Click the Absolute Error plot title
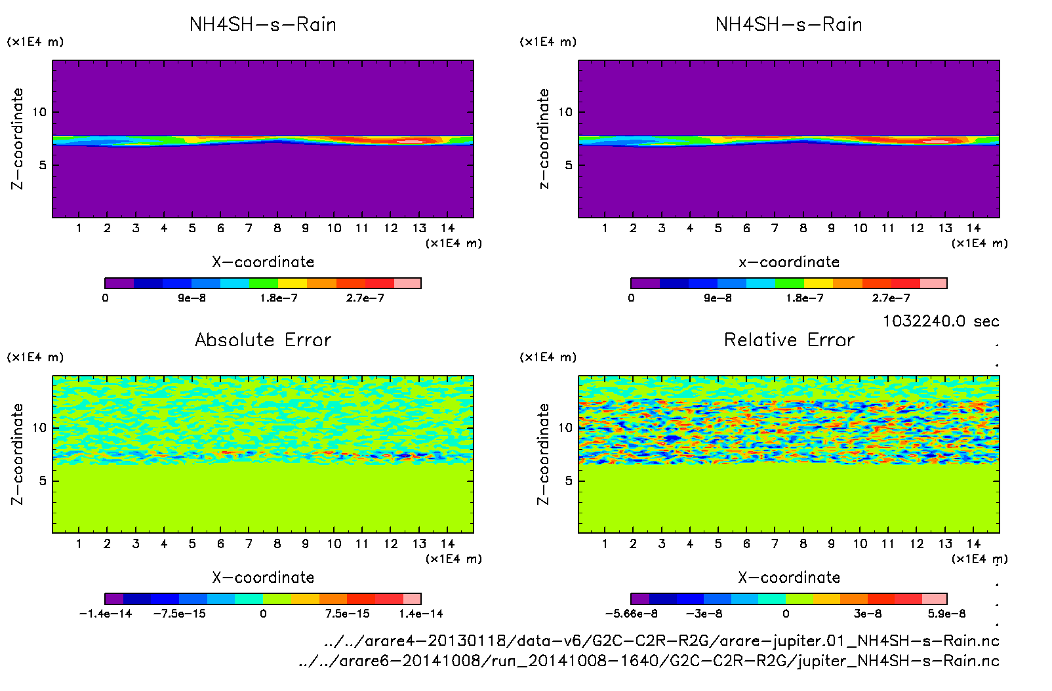click(263, 340)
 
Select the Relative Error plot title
click(789, 340)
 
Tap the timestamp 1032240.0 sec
click(941, 321)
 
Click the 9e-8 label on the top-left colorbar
click(192, 298)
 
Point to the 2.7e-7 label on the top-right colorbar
click(891, 298)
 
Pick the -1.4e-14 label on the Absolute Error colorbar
click(106, 614)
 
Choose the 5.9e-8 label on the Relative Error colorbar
click(946, 614)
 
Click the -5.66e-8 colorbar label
click(631, 614)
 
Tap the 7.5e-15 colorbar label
click(347, 614)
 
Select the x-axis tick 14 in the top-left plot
click(447, 228)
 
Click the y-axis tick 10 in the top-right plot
click(565, 112)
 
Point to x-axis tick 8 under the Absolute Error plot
click(277, 543)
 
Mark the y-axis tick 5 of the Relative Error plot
click(569, 481)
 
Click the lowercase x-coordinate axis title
click(789, 262)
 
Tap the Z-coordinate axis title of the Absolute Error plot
click(18, 454)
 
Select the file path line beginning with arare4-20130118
click(661, 641)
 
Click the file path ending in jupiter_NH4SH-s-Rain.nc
click(649, 661)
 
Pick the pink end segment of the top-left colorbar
click(407, 283)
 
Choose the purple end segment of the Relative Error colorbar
click(640, 599)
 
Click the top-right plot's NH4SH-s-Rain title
click(789, 24)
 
